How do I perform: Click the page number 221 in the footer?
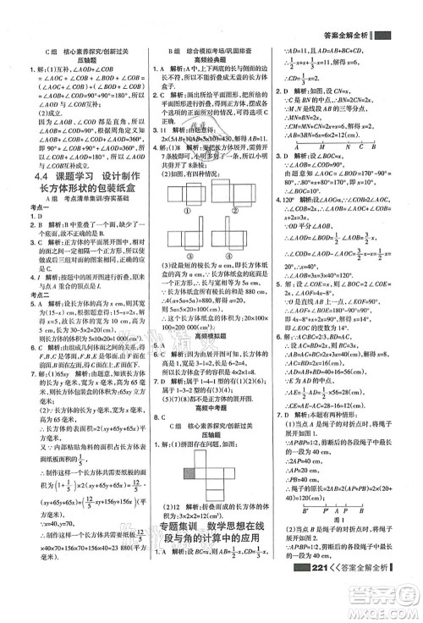(x=324, y=612)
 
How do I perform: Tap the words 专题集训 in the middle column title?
(x=181, y=553)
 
